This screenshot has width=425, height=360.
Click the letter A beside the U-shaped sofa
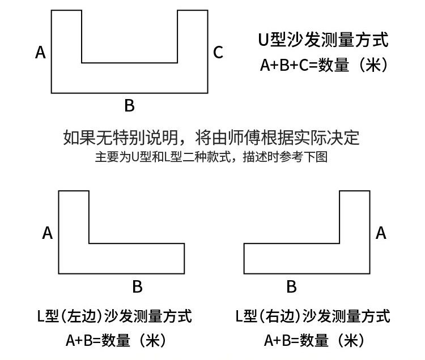(x=40, y=53)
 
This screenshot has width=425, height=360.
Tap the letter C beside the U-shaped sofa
(x=218, y=53)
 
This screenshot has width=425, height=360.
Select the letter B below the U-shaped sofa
(x=129, y=105)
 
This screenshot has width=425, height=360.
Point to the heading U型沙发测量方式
(x=323, y=41)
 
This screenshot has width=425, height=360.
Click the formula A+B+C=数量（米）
(x=323, y=66)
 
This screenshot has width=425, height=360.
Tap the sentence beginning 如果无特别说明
(x=211, y=138)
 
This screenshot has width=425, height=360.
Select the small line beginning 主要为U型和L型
(x=211, y=157)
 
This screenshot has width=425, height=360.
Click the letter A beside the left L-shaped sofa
(x=48, y=233)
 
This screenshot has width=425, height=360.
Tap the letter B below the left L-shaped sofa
(x=137, y=287)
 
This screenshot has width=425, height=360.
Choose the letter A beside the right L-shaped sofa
(x=381, y=233)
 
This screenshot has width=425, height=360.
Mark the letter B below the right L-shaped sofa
(x=291, y=287)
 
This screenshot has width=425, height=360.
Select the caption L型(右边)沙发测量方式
(x=312, y=316)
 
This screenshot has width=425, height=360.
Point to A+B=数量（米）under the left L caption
(x=114, y=340)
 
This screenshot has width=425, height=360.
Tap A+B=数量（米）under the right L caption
(x=312, y=340)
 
